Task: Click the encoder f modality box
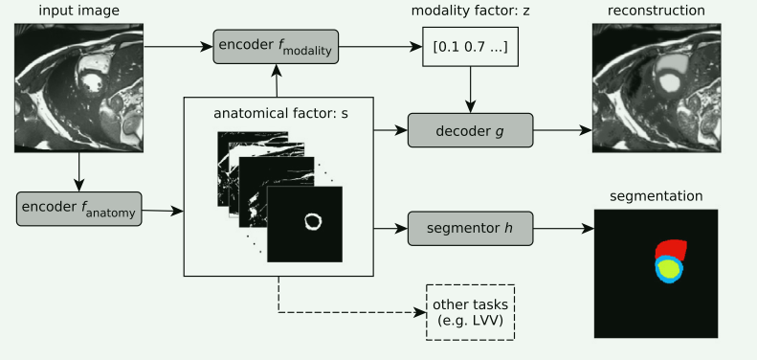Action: coord(275,47)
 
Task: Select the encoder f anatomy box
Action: coord(78,209)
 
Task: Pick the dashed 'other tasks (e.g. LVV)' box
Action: coord(470,312)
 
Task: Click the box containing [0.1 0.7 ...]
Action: coord(469,47)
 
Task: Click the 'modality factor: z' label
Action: coord(469,11)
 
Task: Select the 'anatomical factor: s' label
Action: coord(278,112)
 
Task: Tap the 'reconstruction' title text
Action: coord(655,11)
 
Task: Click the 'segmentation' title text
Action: coord(656,196)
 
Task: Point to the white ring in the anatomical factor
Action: coord(313,222)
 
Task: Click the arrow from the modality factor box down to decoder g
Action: coord(469,91)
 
